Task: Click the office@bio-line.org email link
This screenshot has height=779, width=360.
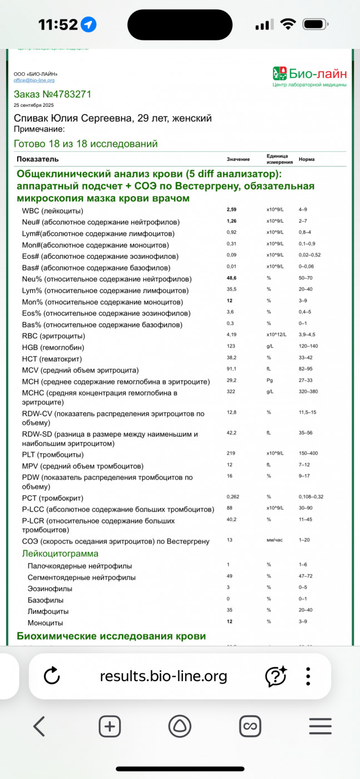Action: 34,81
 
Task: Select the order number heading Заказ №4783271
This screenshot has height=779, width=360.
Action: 52,94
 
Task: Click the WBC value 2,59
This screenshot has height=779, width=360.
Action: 231,210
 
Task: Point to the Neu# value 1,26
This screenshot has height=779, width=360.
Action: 231,221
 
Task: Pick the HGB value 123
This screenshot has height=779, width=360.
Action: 231,347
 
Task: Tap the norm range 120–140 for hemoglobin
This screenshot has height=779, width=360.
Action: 309,347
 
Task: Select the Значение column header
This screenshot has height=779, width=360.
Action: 238,159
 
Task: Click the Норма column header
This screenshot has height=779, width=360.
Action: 307,159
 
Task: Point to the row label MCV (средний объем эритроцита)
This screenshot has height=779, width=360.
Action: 80,370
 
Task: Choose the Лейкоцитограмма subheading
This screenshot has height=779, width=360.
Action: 60,553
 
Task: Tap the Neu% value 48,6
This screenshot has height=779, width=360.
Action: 232,278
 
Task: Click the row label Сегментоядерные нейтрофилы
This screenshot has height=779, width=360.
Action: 81,578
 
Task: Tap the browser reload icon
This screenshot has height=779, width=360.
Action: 51,676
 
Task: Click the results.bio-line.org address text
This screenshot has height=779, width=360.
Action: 164,676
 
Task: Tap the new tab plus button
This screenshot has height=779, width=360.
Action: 110,726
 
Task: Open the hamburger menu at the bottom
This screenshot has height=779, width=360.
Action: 320,726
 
